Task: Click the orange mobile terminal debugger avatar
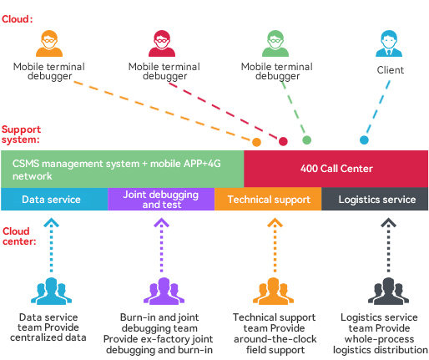(49, 43)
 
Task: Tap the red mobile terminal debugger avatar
(162, 43)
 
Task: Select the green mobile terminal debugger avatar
(275, 43)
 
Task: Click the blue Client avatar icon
(389, 43)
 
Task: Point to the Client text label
(391, 70)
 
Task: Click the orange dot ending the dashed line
(256, 142)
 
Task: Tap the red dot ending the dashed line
(283, 141)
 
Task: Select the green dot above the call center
(306, 139)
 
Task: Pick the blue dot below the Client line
(364, 139)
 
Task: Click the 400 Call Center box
(336, 169)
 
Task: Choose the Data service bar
(54, 199)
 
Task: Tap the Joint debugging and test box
(161, 199)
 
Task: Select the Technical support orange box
(268, 199)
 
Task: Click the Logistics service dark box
(375, 199)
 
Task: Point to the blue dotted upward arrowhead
(51, 222)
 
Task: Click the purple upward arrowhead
(161, 222)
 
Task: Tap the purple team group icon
(164, 291)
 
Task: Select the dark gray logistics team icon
(388, 291)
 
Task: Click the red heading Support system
(21, 134)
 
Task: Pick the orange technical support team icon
(273, 291)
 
